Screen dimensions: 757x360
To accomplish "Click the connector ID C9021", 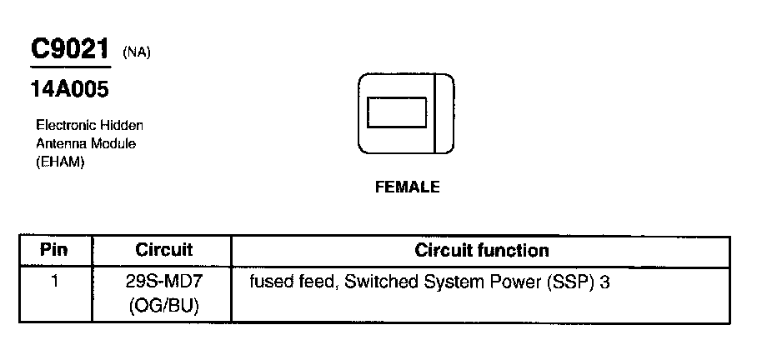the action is point(71,49).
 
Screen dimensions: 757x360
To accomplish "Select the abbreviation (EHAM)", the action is point(60,162).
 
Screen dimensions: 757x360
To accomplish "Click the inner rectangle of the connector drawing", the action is point(397,113).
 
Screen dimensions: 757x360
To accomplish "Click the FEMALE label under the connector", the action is point(407,187).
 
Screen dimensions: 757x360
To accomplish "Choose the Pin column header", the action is point(54,250).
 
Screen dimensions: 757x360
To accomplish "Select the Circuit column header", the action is point(163,250).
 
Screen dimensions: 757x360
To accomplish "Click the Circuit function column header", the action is point(481,250).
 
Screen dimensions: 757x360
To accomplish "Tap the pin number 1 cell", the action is point(54,282).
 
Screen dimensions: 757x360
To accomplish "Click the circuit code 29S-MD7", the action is point(163,282).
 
